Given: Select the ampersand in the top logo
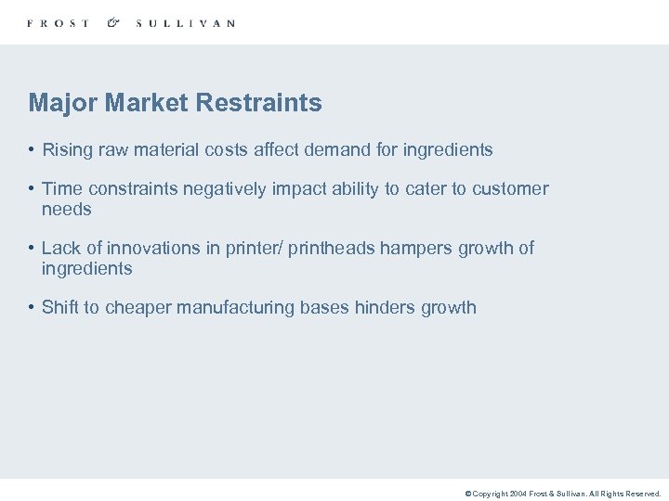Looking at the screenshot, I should click(112, 22).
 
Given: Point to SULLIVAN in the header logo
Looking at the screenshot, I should click(185, 23).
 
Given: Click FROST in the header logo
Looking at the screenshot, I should click(59, 23).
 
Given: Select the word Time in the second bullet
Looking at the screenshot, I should click(61, 189).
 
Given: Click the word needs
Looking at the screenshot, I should click(67, 210).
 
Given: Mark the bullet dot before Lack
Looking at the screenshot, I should click(32, 249).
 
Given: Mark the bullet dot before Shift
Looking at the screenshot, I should click(32, 308).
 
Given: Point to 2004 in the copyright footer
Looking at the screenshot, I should click(518, 495).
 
